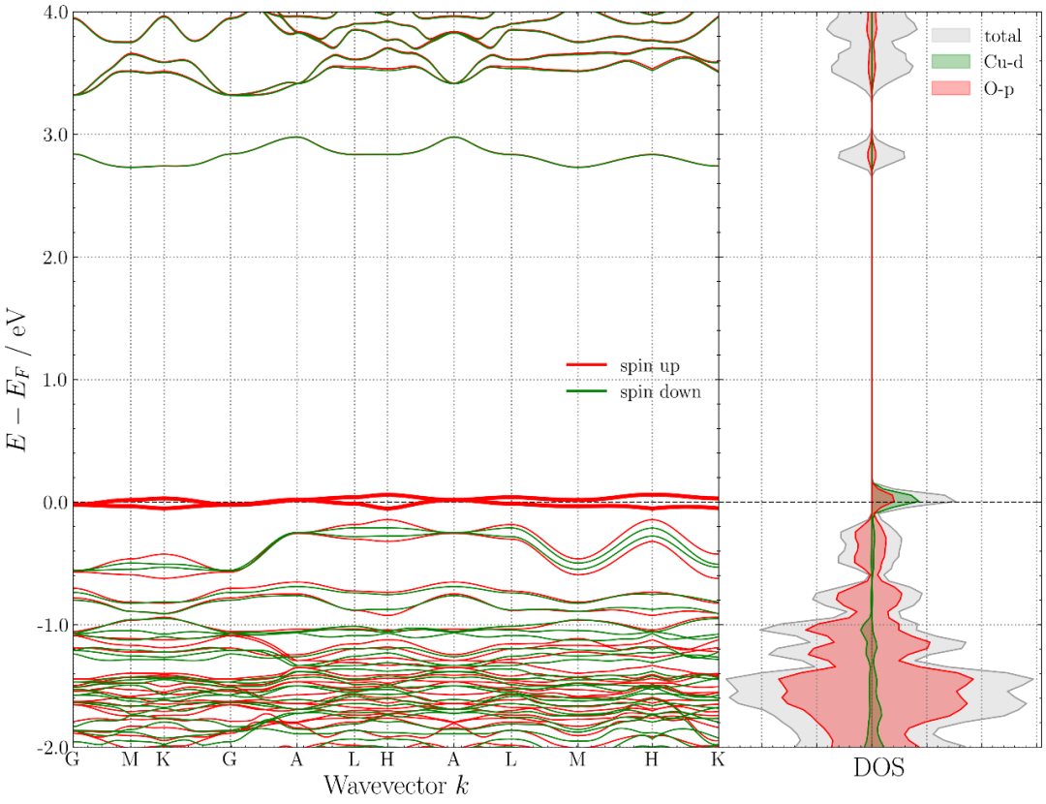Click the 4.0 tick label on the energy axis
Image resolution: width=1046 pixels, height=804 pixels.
point(54,13)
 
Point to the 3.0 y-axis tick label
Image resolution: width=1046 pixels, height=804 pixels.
point(54,135)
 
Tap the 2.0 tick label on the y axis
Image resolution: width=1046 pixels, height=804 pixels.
point(54,257)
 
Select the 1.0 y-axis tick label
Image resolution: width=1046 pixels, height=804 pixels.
point(54,380)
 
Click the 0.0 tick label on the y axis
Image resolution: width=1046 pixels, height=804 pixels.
point(54,502)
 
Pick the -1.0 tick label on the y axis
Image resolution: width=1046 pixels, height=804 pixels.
point(51,625)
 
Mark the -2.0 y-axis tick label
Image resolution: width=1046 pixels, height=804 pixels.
point(51,747)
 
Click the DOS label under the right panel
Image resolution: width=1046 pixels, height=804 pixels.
point(878,770)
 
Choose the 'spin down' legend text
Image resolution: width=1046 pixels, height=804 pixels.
point(661,392)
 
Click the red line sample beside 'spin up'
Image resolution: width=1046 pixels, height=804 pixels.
point(587,365)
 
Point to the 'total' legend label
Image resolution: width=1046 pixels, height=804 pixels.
point(1002,36)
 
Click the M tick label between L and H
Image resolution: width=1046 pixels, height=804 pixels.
point(577,759)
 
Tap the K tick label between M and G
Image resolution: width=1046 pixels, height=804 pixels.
point(163,759)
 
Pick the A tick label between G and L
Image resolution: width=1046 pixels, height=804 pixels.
point(296,759)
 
